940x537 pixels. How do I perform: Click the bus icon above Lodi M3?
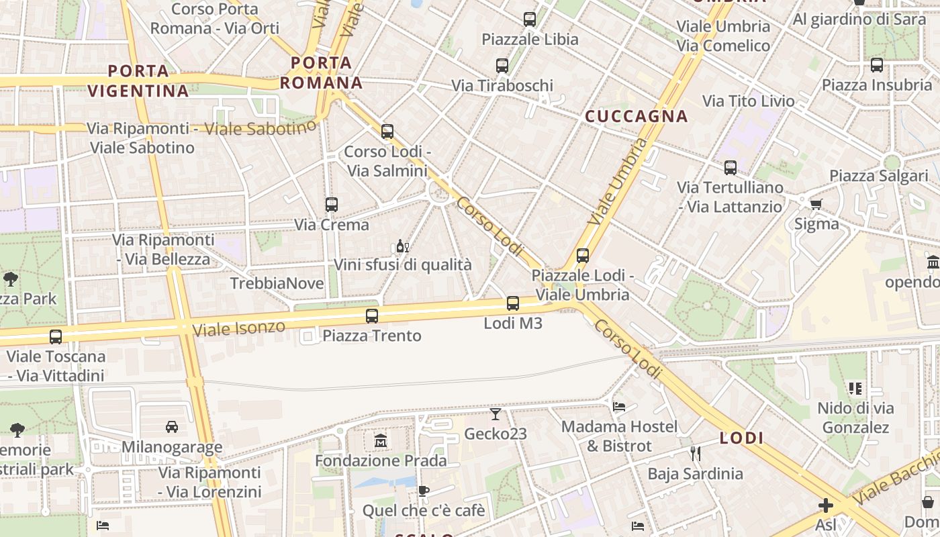pos(513,303)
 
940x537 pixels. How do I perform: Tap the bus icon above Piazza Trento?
pos(372,315)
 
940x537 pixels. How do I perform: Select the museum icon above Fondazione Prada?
pos(381,441)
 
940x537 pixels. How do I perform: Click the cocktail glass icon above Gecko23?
pos(496,414)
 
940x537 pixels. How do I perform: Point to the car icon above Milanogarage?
pos(172,427)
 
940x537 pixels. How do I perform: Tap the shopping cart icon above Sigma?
pos(816,204)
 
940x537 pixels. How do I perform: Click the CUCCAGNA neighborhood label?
pos(637,116)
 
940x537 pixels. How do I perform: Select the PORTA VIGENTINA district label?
pos(138,81)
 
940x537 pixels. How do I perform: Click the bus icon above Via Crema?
pos(332,205)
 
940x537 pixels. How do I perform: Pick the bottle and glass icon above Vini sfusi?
pos(403,246)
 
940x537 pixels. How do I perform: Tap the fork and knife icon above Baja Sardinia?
pos(696,454)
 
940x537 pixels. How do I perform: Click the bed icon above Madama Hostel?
pos(619,407)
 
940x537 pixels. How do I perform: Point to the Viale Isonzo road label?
pos(238,328)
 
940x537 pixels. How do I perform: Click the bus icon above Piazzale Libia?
pos(530,19)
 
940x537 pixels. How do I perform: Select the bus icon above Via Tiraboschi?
pos(502,66)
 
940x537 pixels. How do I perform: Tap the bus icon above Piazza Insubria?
pos(877,65)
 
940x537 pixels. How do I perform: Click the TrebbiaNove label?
pos(277,283)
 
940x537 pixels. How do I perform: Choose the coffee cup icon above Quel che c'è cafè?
pos(424,491)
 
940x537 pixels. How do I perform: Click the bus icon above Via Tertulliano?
pos(731,168)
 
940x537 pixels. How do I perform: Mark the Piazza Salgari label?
pos(878,176)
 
